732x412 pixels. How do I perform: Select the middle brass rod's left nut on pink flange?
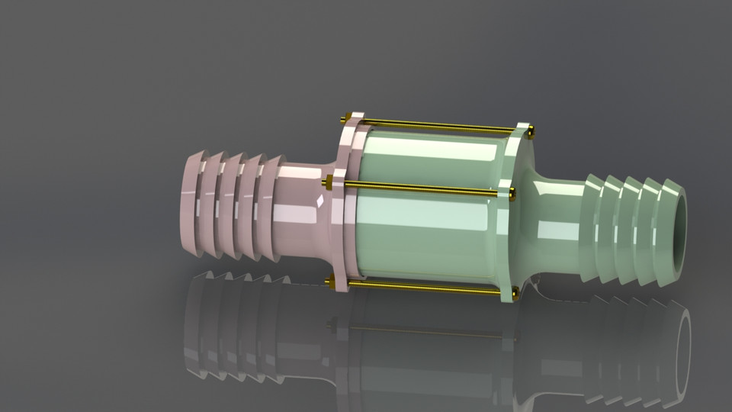329,182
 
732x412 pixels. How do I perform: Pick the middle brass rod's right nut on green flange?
512,194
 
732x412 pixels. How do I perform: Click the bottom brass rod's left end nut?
330,282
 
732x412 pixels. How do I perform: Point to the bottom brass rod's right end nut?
515,291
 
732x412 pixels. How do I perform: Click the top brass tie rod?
438,125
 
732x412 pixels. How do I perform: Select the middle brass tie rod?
419,188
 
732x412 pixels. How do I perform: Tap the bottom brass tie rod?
423,287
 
